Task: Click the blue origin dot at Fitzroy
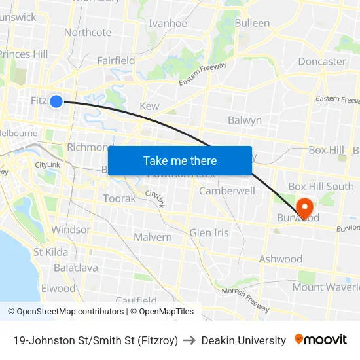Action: [56, 101]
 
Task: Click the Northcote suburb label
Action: [88, 32]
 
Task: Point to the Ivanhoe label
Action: [168, 23]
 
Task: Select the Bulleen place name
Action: [252, 23]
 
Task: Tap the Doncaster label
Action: [321, 62]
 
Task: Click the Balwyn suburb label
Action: [245, 120]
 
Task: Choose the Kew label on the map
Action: [149, 106]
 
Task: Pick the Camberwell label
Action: [227, 191]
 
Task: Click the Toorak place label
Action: [119, 198]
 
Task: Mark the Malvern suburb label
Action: [153, 237]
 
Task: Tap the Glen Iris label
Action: [209, 232]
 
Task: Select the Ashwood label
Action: [280, 259]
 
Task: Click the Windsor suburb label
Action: [71, 230]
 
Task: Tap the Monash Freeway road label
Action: [245, 299]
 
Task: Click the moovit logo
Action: [321, 340]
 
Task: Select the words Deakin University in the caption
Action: [243, 340]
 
